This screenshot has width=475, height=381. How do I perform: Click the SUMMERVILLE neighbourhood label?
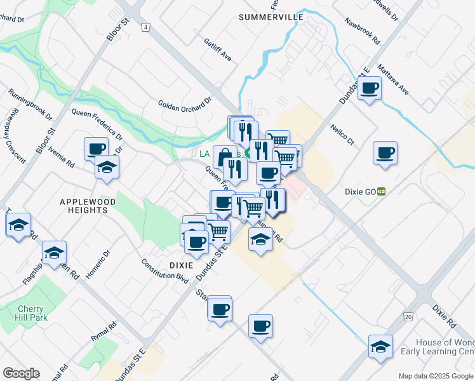tap(271, 17)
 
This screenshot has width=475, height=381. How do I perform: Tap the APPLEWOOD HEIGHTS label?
tap(83, 205)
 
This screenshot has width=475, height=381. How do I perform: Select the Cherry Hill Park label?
tap(30, 313)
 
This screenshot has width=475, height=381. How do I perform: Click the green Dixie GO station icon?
tap(382, 190)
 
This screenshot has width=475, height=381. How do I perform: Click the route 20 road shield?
tap(408, 316)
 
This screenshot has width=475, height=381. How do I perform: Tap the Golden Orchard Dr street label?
tap(184, 104)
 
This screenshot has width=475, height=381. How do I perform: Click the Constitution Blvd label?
tap(165, 271)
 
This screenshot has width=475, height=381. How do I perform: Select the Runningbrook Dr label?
tap(30, 104)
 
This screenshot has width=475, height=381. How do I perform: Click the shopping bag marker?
tap(225, 156)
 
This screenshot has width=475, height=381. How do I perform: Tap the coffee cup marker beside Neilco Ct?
tap(385, 153)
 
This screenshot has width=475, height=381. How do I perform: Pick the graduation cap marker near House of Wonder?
tap(380, 347)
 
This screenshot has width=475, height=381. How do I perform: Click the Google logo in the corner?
tap(21, 373)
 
